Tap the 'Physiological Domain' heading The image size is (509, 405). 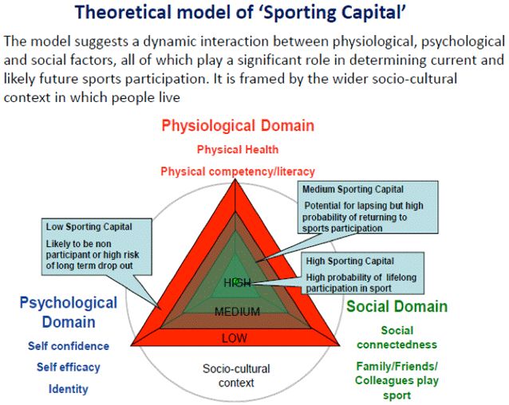pos(238,125)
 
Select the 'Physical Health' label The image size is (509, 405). pos(238,149)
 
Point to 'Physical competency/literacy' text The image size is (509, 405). pos(238,171)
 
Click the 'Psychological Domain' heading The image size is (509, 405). pos(68,312)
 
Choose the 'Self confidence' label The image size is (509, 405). pos(68,346)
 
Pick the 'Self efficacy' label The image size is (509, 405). pos(68,368)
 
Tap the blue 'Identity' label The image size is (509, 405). pos(68,389)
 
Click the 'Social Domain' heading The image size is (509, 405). pos(397,307)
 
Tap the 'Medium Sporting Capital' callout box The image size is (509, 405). pos(369,207)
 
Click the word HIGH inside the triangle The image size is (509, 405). pos(237,282)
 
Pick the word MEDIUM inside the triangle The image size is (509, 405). pos(237,311)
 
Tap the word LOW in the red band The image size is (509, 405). pos(235,338)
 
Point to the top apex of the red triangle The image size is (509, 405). pos(237,179)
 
